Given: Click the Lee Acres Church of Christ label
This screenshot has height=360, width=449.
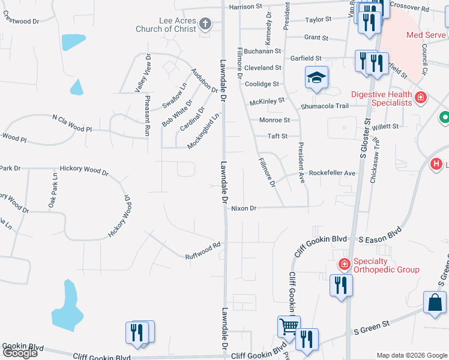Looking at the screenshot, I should tap(178, 24).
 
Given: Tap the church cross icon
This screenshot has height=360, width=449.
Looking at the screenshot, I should tap(205, 24).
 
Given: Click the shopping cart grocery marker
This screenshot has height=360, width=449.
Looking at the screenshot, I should tap(289, 326).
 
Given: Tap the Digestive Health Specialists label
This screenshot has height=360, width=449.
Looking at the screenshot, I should tap(382, 98).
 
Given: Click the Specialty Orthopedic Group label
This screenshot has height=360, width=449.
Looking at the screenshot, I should tap(386, 265).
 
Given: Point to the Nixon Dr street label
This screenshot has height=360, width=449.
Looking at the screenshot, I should tap(244, 208).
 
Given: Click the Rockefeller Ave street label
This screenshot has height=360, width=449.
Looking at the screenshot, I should tap(332, 173).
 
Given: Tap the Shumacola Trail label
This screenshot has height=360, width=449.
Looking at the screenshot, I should tap(325, 106).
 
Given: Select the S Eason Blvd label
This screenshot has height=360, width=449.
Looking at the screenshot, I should tap(379, 239).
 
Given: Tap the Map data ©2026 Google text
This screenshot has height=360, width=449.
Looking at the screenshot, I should tap(411, 355).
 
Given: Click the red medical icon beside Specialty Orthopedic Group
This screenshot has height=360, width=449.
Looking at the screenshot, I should tap(345, 264).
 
